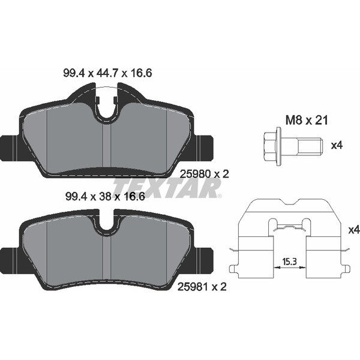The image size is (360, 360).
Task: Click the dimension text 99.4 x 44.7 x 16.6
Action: (x=107, y=73)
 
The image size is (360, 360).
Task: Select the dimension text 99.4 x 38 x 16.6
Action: (x=105, y=197)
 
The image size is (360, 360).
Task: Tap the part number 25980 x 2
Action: (x=205, y=174)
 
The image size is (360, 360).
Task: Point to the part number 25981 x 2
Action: (x=202, y=287)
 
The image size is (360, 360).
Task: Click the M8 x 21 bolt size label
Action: (x=307, y=121)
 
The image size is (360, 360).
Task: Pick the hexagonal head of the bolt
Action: (x=271, y=146)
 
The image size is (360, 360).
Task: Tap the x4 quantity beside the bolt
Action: (x=337, y=145)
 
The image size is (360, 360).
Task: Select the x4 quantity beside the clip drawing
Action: (x=354, y=230)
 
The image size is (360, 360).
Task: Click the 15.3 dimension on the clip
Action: (x=290, y=261)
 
